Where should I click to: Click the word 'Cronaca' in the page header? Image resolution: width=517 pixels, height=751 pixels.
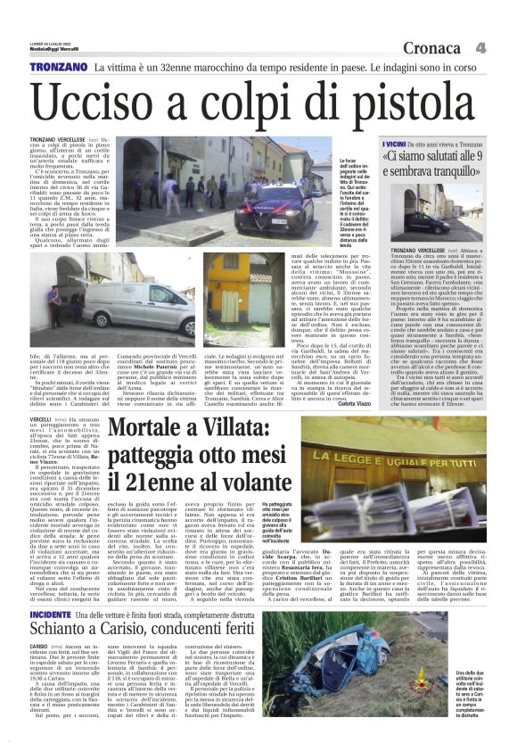(434, 47)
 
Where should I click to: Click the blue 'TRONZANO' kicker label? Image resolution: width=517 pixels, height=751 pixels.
(56, 68)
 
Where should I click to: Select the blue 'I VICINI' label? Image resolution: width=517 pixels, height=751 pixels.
(394, 143)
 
